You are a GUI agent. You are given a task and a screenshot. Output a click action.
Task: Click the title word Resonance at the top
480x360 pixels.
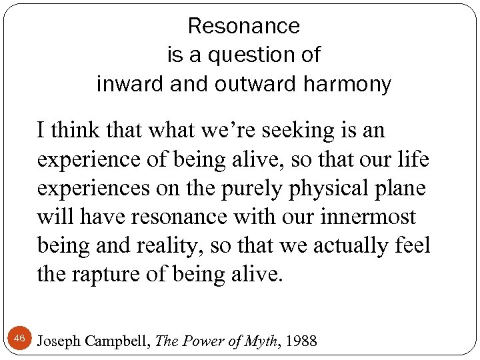(x=244, y=26)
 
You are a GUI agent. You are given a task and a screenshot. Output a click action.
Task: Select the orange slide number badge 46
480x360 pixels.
(x=19, y=339)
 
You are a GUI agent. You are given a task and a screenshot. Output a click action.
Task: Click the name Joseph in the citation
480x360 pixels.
(x=58, y=341)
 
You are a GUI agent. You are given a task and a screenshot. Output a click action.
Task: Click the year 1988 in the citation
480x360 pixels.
(x=301, y=341)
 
